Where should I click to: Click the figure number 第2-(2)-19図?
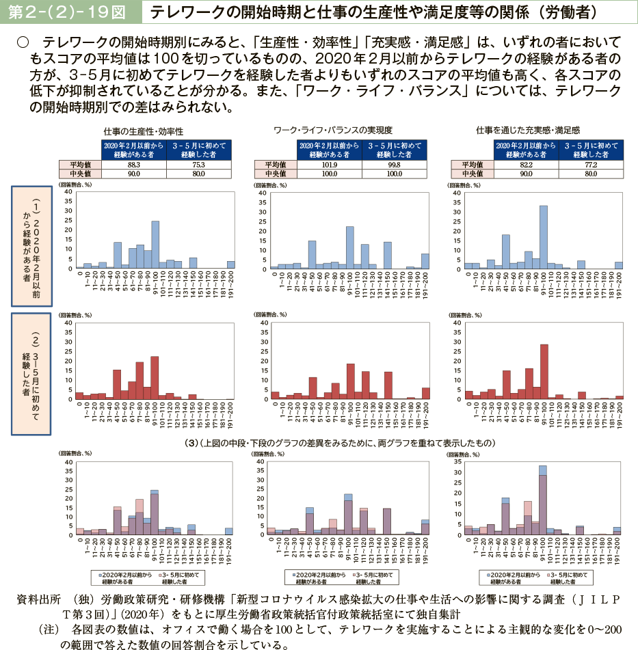tap(71, 12)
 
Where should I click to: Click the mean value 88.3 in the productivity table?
tap(133, 165)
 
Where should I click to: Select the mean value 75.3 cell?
tap(199, 165)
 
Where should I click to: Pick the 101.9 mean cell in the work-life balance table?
tap(329, 165)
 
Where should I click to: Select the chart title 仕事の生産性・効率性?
tap(143, 130)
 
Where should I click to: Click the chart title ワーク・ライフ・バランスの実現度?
tap(332, 129)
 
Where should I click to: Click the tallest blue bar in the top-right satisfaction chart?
tap(543, 236)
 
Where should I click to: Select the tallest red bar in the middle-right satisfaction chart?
tap(544, 371)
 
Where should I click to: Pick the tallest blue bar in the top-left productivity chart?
tap(155, 244)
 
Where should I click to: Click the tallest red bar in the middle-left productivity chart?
tap(155, 377)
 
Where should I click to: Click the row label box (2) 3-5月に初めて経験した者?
tap(31, 374)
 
